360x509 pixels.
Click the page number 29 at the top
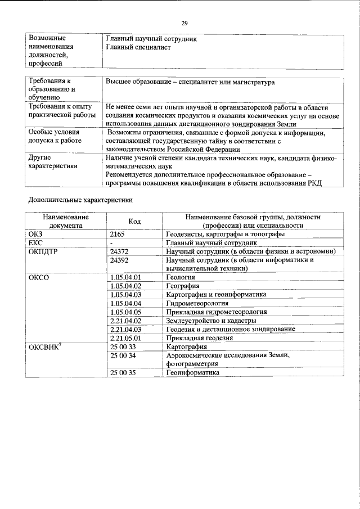click(184, 23)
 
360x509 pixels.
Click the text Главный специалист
click(138, 48)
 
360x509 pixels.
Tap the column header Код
click(134, 221)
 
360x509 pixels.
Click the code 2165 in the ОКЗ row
click(118, 233)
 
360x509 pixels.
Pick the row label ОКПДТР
click(43, 251)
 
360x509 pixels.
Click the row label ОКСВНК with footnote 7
click(45, 346)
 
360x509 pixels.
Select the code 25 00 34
click(123, 355)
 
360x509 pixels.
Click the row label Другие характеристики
click(53, 162)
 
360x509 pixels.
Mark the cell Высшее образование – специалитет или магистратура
click(190, 82)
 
